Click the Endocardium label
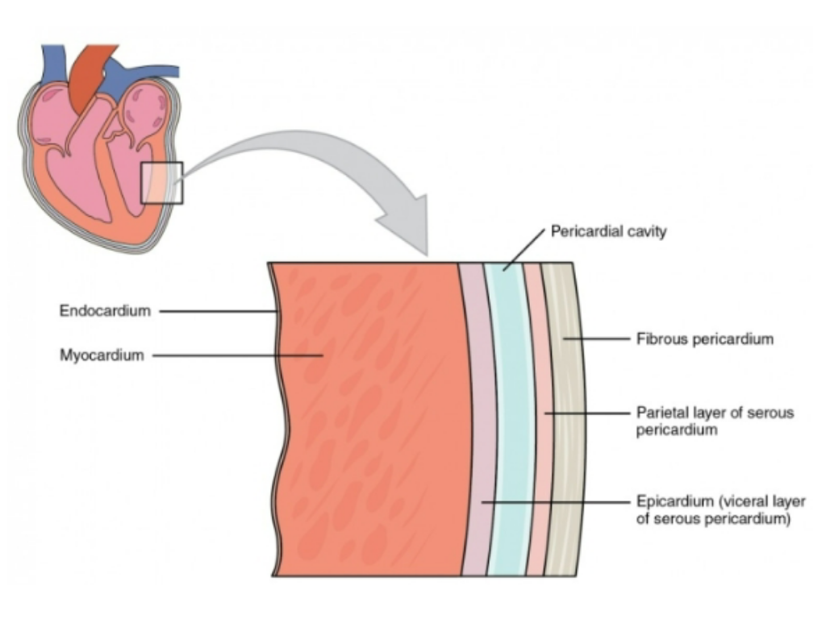coord(105,311)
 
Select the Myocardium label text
coord(102,355)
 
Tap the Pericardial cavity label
coord(608,232)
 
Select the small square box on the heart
coord(162,182)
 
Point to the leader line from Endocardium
coord(218,311)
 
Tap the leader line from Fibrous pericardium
coord(597,339)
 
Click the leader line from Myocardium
coord(234,355)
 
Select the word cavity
coord(648,232)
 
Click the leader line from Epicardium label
coord(557,502)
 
